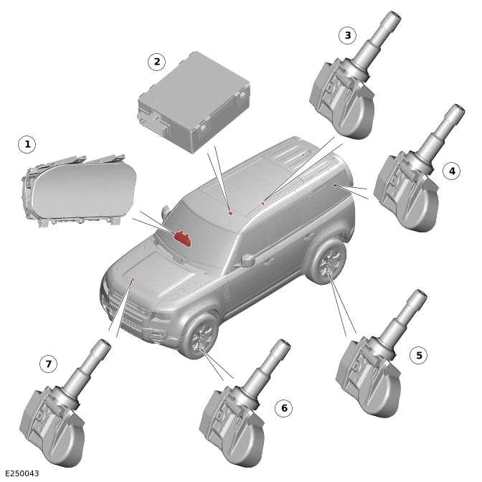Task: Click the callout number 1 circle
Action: pos(27,145)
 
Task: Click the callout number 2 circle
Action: pos(156,62)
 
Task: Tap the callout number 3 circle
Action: pos(348,34)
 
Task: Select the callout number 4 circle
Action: pos(450,171)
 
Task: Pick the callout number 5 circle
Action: pos(420,354)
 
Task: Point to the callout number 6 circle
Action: pos(283,408)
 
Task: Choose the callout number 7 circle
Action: pos(48,364)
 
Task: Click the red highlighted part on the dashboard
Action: pos(182,238)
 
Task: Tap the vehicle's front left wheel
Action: pos(199,336)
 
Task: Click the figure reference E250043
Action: pos(22,473)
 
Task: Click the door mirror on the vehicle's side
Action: pos(248,260)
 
